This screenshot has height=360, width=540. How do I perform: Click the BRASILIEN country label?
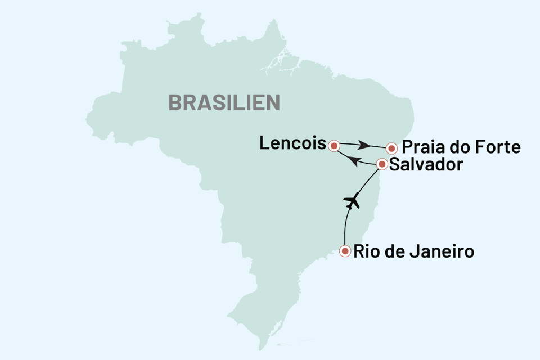(x=224, y=103)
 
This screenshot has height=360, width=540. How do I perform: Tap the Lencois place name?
(x=292, y=145)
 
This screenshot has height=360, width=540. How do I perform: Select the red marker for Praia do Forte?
(x=391, y=148)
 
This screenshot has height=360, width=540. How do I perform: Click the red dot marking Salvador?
(x=382, y=165)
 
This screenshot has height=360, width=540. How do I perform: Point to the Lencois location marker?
(x=334, y=146)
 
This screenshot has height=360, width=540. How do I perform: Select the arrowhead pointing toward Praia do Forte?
(x=365, y=146)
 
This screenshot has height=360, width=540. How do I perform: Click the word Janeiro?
(x=445, y=251)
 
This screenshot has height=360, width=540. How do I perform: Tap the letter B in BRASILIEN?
(x=175, y=103)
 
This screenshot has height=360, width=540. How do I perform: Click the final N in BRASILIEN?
(x=273, y=103)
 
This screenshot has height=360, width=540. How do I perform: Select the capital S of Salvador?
(x=394, y=165)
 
